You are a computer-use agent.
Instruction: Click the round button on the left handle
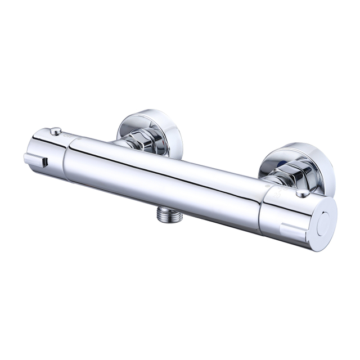coord(55,131)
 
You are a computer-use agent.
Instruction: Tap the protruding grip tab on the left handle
coord(35,160)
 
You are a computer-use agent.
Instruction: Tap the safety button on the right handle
coord(303,193)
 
